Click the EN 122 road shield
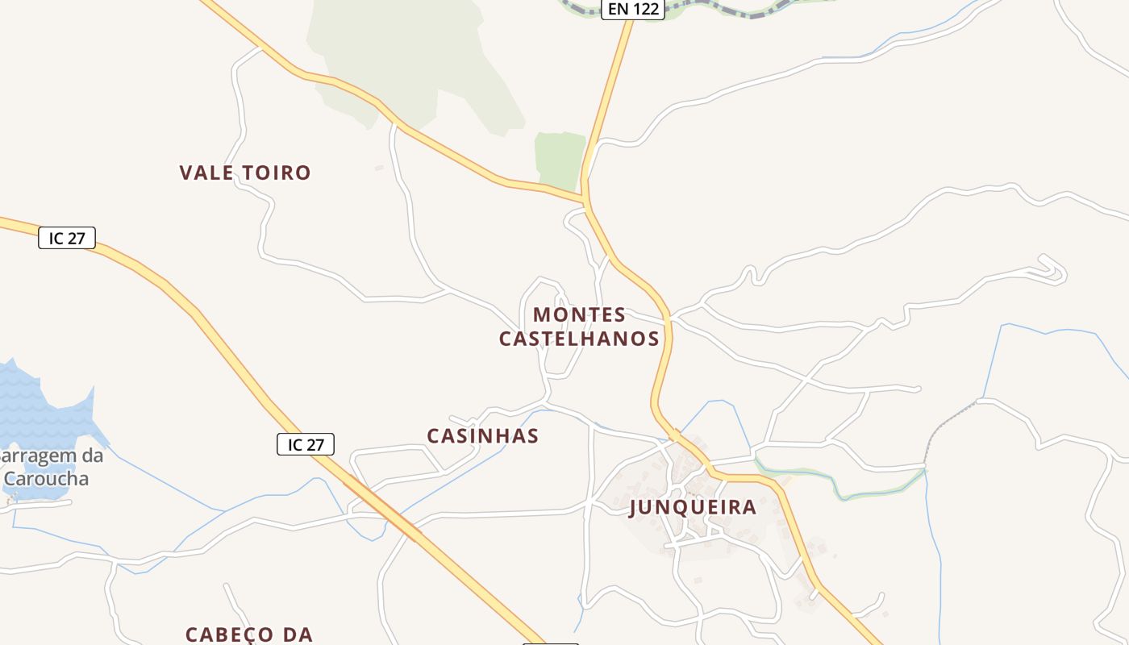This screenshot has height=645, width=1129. [x=632, y=10]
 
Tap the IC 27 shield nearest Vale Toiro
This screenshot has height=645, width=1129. [x=67, y=238]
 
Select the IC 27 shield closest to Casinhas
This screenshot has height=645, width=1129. [x=306, y=444]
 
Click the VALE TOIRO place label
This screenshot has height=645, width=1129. [x=245, y=173]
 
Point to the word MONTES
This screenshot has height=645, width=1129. [x=579, y=314]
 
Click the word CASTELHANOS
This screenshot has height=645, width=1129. [x=579, y=339]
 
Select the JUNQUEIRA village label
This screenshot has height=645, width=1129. [x=693, y=507]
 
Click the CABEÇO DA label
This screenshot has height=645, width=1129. [x=249, y=635]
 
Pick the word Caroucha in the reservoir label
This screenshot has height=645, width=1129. [x=45, y=478]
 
